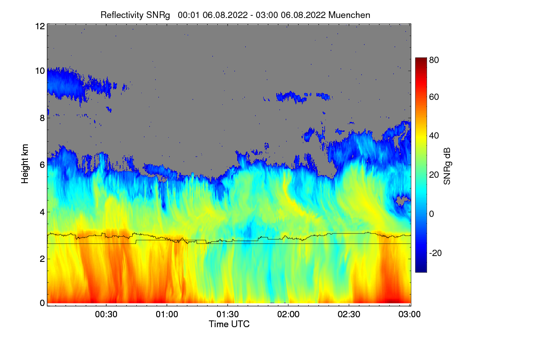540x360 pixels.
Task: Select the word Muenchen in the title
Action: (x=349, y=15)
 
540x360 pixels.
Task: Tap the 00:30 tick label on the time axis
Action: (x=106, y=315)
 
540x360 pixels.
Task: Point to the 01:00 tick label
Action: (x=167, y=315)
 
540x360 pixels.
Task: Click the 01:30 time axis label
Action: (x=228, y=315)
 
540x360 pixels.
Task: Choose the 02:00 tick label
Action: (x=288, y=315)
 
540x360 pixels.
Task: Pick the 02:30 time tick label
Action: (x=349, y=315)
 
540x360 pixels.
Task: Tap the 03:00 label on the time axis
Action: (x=409, y=315)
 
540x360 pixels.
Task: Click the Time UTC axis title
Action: (x=229, y=324)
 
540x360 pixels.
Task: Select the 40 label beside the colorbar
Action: (x=434, y=135)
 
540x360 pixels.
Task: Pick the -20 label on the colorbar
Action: (x=435, y=253)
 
